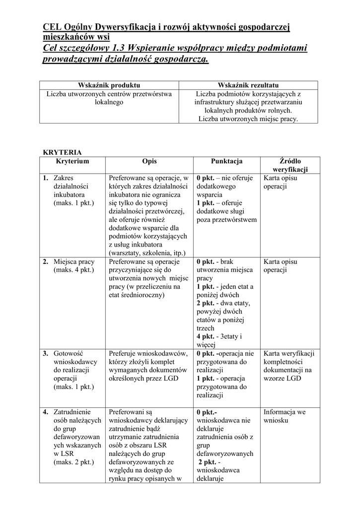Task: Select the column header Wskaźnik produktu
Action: coord(109,85)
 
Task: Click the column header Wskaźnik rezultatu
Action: coord(248,85)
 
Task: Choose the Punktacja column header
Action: coord(226,161)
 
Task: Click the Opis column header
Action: coord(149,161)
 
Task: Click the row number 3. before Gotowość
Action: coord(45,353)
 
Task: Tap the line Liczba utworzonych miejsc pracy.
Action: coord(248,119)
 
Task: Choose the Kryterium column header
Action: coord(72,161)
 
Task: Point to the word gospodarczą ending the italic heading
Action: coord(177,60)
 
